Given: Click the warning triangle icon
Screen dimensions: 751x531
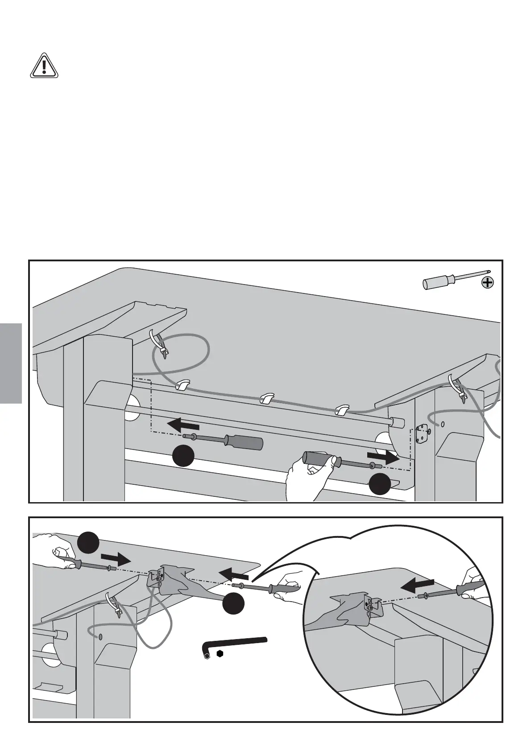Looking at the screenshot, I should click(x=44, y=66).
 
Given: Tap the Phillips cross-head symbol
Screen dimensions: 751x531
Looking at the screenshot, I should click(x=489, y=282).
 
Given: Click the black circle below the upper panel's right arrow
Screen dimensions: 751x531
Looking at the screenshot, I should click(x=380, y=485).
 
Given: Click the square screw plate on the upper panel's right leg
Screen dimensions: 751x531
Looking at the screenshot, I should click(x=420, y=435).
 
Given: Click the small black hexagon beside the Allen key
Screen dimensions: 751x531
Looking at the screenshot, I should click(x=219, y=654).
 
